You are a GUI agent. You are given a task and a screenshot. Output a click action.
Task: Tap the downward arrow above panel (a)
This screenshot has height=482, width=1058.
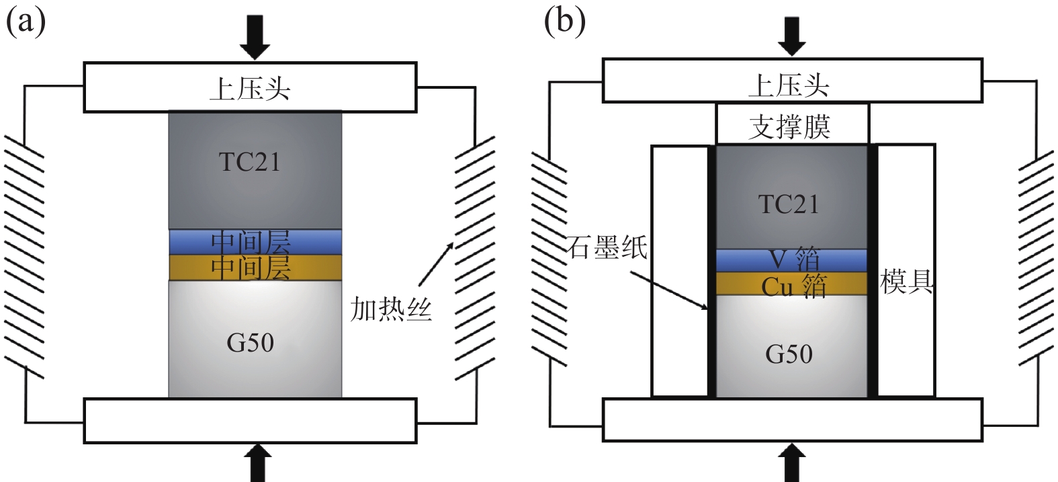[255, 36]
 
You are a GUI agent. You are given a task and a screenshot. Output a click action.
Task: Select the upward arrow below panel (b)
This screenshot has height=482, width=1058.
[793, 463]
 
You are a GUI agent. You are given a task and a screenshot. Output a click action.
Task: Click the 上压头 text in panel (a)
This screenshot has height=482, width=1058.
[250, 88]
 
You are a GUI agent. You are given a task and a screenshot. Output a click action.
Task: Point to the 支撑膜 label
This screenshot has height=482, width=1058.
[790, 126]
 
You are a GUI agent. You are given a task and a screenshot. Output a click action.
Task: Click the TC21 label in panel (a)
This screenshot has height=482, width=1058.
[250, 162]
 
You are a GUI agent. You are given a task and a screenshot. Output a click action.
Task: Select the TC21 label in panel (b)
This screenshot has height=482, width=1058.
[789, 204]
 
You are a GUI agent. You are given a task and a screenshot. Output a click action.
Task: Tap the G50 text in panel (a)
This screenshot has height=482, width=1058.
[250, 343]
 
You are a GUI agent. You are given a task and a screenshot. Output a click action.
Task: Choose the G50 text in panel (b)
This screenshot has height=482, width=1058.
[789, 354]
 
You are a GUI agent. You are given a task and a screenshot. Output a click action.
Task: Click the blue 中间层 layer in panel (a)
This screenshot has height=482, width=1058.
[255, 241]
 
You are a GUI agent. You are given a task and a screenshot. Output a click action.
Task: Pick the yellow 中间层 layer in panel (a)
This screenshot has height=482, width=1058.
[255, 268]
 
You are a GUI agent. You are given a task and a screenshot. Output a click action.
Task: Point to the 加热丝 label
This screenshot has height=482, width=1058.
[391, 310]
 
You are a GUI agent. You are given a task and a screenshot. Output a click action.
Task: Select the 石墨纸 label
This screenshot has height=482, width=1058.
[607, 247]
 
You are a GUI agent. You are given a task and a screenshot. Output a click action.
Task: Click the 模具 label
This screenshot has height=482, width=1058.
[907, 282]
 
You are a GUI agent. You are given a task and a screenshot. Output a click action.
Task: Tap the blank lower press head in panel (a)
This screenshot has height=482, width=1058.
[250, 421]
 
